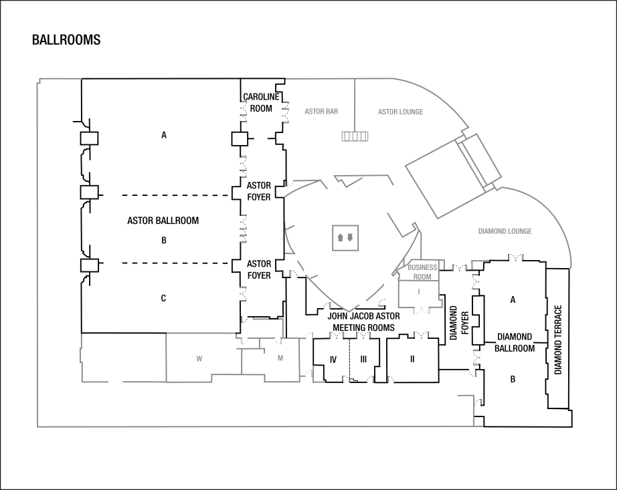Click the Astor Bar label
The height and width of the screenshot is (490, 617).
tap(321, 112)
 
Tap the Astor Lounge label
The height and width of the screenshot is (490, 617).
tap(400, 112)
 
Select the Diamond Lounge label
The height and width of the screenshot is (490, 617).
tap(505, 231)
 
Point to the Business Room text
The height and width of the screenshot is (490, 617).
tap(422, 271)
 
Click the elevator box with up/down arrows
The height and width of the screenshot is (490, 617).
tap(346, 237)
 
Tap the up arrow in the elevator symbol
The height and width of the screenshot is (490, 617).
tap(340, 237)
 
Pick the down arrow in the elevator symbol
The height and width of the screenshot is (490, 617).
tap(350, 237)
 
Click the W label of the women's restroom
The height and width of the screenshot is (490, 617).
tap(199, 359)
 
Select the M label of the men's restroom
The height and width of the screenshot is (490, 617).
tap(280, 358)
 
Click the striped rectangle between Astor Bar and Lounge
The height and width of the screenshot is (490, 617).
tap(355, 136)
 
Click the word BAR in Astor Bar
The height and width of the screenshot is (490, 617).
tap(332, 112)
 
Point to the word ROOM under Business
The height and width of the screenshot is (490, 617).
tap(422, 276)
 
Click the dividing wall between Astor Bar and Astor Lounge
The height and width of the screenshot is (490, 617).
tap(355, 100)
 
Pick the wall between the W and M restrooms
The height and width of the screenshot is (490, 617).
tap(242, 361)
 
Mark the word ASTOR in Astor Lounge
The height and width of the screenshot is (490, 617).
tap(387, 112)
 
